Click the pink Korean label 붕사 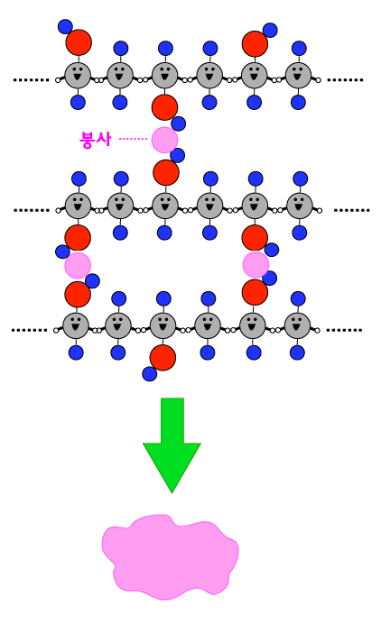click(x=95, y=139)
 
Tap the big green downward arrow click(x=172, y=445)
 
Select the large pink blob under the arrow click(x=171, y=556)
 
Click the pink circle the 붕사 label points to click(x=164, y=140)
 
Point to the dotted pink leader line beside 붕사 click(x=133, y=139)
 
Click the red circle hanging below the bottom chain click(x=163, y=357)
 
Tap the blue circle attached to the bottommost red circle click(x=149, y=374)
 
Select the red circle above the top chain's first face click(x=79, y=42)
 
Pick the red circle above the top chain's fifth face click(x=255, y=43)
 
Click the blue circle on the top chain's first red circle click(x=65, y=26)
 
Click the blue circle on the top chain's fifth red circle click(x=270, y=30)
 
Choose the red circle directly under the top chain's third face click(x=164, y=107)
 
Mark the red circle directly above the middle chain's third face click(x=166, y=172)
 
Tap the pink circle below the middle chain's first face click(x=78, y=265)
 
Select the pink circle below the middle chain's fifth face click(x=256, y=265)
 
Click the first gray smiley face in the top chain click(x=78, y=76)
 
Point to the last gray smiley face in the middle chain click(x=299, y=206)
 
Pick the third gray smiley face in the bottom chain click(x=163, y=325)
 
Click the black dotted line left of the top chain click(x=31, y=79)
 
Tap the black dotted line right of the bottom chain click(x=344, y=330)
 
